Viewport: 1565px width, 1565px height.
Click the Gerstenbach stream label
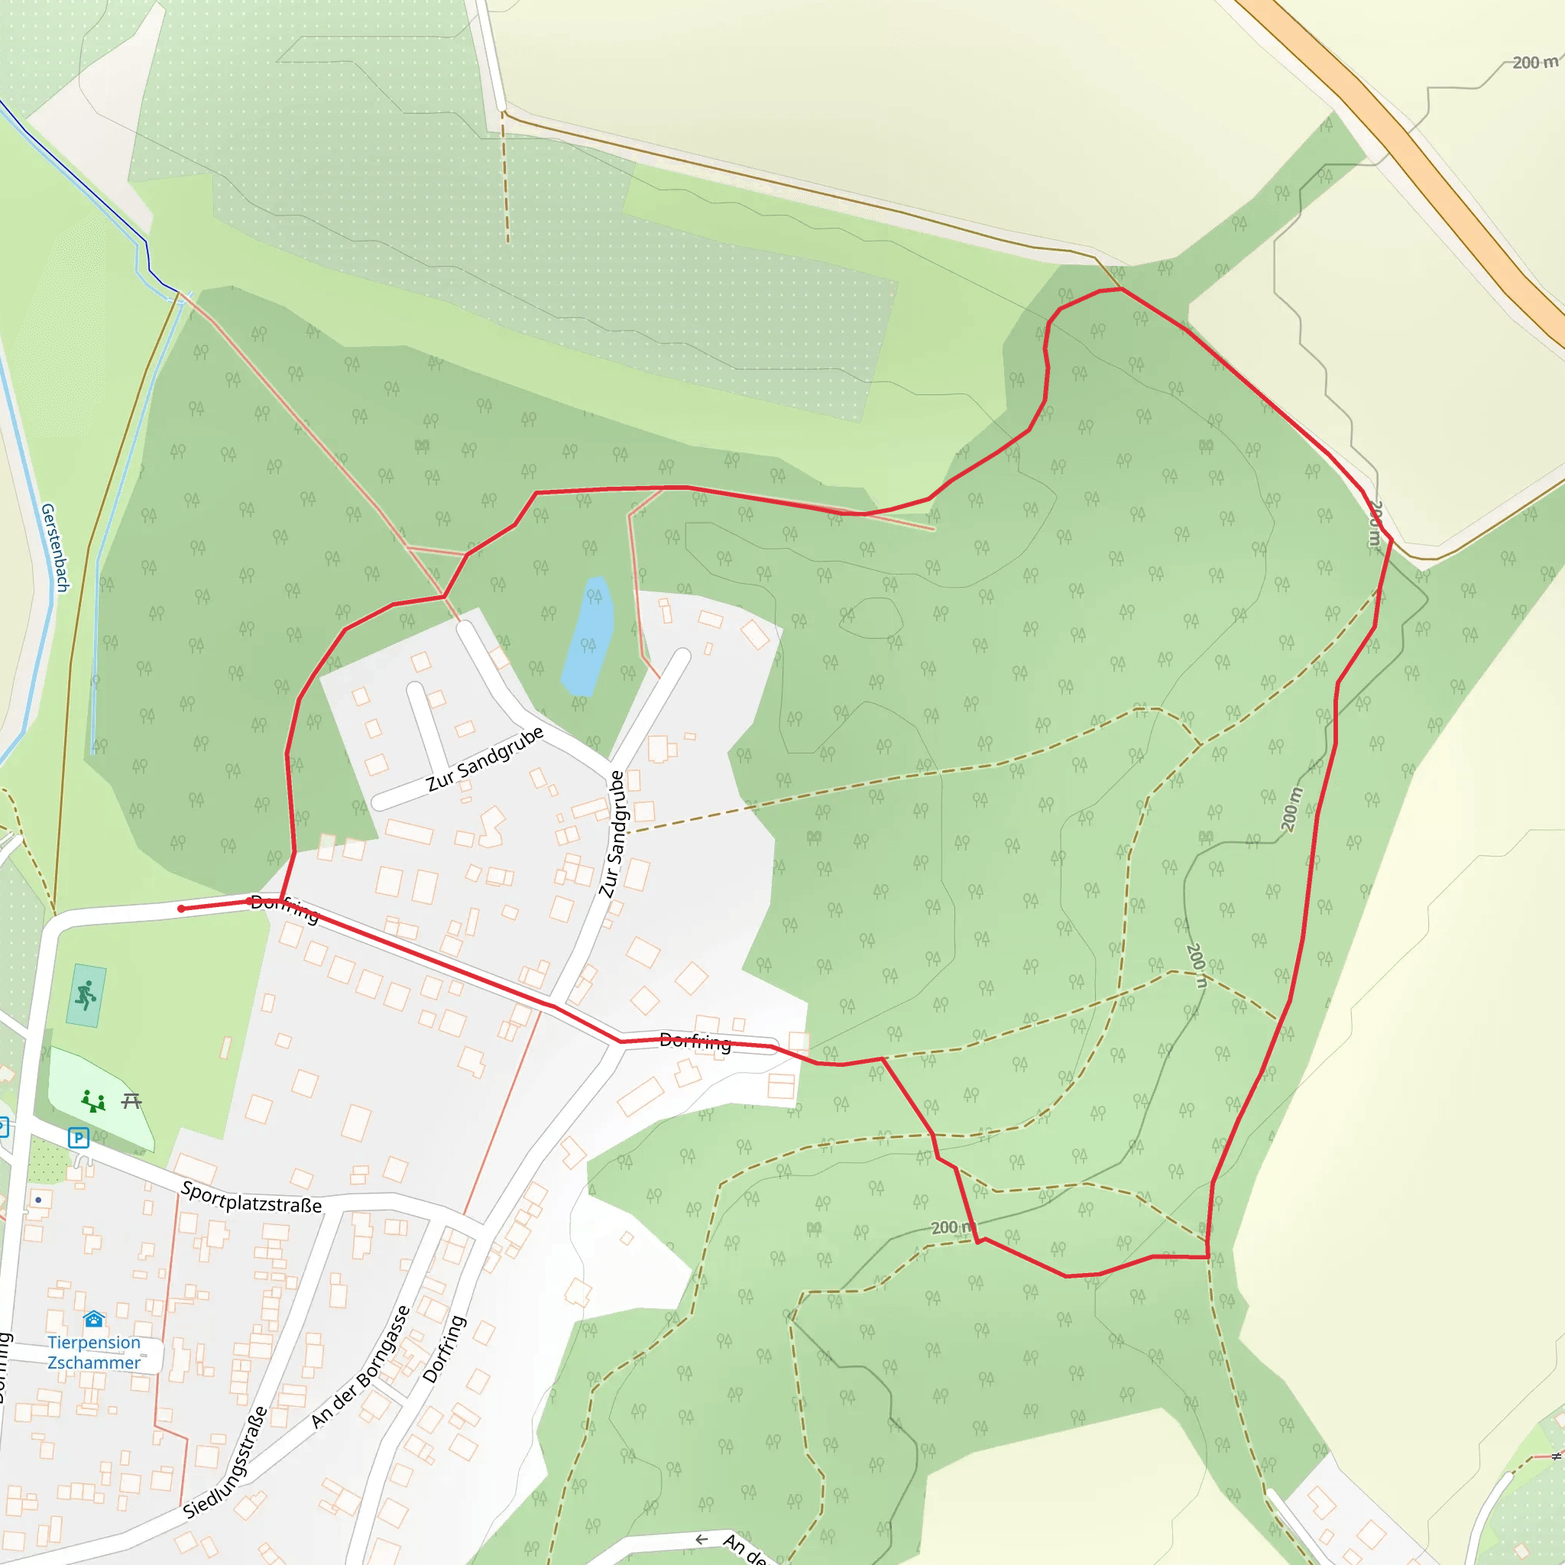(x=55, y=548)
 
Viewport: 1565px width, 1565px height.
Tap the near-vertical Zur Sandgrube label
(x=613, y=834)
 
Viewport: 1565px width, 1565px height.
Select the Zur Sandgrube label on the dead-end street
(x=484, y=759)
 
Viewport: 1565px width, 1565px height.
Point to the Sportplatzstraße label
(x=251, y=1198)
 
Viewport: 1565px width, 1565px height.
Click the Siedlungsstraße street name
(x=225, y=1463)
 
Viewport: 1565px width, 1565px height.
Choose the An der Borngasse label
(x=361, y=1366)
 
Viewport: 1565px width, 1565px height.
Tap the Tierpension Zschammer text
(x=94, y=1352)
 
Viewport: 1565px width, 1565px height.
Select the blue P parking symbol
(x=78, y=1138)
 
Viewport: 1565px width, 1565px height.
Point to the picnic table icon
(x=132, y=1101)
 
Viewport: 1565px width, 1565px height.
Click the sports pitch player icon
(x=86, y=996)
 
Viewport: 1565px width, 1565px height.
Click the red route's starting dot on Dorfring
(x=181, y=909)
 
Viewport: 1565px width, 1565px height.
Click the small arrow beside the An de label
(x=701, y=1539)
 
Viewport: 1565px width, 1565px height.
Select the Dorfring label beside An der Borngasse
(x=444, y=1349)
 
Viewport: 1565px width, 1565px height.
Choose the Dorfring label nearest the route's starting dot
(x=284, y=909)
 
